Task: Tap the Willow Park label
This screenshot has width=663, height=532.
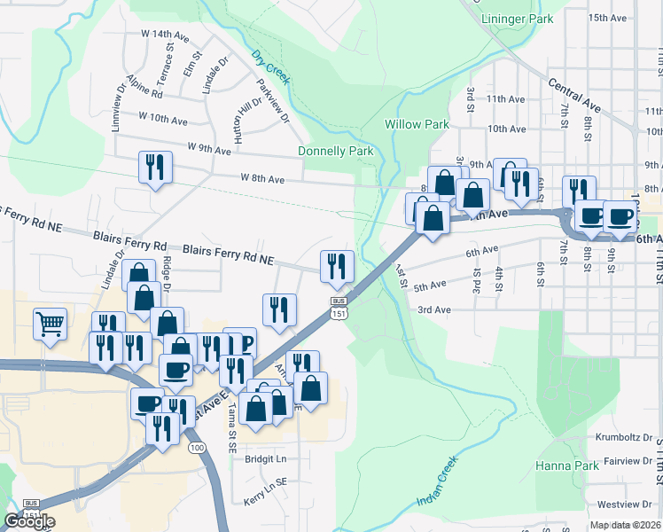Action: pos(417,125)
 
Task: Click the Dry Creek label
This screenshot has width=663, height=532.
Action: pos(270,68)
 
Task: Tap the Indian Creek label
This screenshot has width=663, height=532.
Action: pos(437,482)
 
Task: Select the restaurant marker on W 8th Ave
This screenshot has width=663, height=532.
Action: pos(155,166)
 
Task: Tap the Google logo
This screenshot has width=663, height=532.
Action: pos(28,521)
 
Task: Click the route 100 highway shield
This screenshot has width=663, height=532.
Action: pos(197,448)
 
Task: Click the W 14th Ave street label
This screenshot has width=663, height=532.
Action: pos(164,35)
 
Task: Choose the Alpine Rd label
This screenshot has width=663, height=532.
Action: pos(144,87)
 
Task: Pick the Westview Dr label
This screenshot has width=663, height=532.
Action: pos(630,505)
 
